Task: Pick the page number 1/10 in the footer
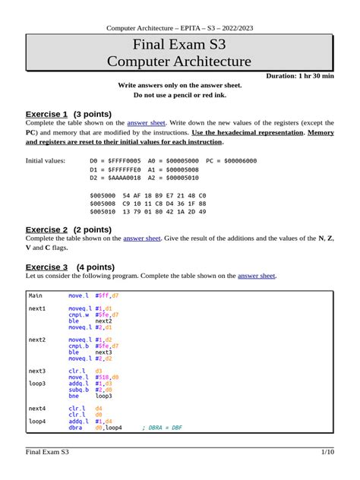point(327,453)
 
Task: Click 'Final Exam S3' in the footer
point(47,453)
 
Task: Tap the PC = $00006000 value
point(232,161)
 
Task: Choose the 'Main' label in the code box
point(36,295)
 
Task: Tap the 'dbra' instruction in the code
point(75,428)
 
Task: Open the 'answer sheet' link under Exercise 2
point(142,238)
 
